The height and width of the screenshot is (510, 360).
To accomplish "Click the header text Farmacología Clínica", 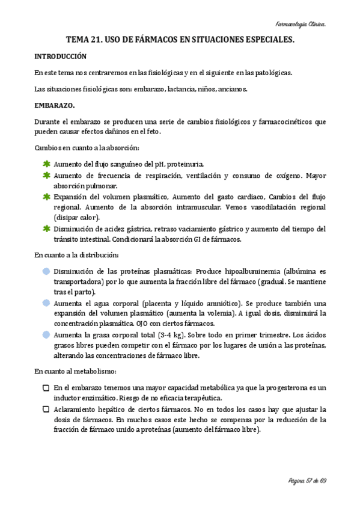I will [x=301, y=24].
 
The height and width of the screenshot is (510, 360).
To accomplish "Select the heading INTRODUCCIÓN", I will [x=60, y=57].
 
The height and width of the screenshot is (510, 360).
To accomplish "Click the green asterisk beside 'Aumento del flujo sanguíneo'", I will [x=46, y=164].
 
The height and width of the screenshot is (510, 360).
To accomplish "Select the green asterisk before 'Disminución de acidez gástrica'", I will [x=46, y=229].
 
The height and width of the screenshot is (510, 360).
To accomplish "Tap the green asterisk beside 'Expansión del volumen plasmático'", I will [x=46, y=197].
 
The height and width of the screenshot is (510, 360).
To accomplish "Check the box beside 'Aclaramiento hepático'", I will [x=46, y=409].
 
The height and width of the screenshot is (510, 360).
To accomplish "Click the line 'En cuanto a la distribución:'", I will [x=76, y=255].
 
